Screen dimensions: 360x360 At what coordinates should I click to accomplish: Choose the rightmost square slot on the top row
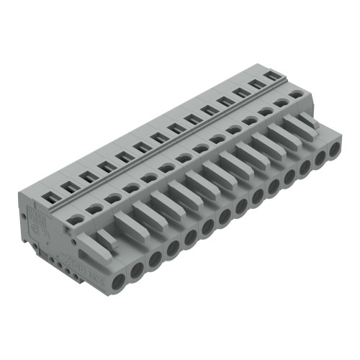[x=271, y=75]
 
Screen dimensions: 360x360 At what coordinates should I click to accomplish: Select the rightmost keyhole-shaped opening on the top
[x=295, y=94]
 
